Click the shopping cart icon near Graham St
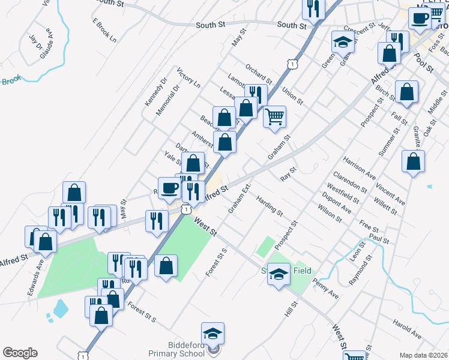click(274, 116)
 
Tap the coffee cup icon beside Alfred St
click(169, 187)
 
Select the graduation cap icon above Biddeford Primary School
click(212, 333)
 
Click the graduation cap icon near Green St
click(342, 43)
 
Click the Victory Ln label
click(188, 78)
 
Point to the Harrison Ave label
click(359, 169)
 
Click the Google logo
click(19, 353)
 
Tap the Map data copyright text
click(423, 355)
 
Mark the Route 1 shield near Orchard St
click(291, 63)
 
